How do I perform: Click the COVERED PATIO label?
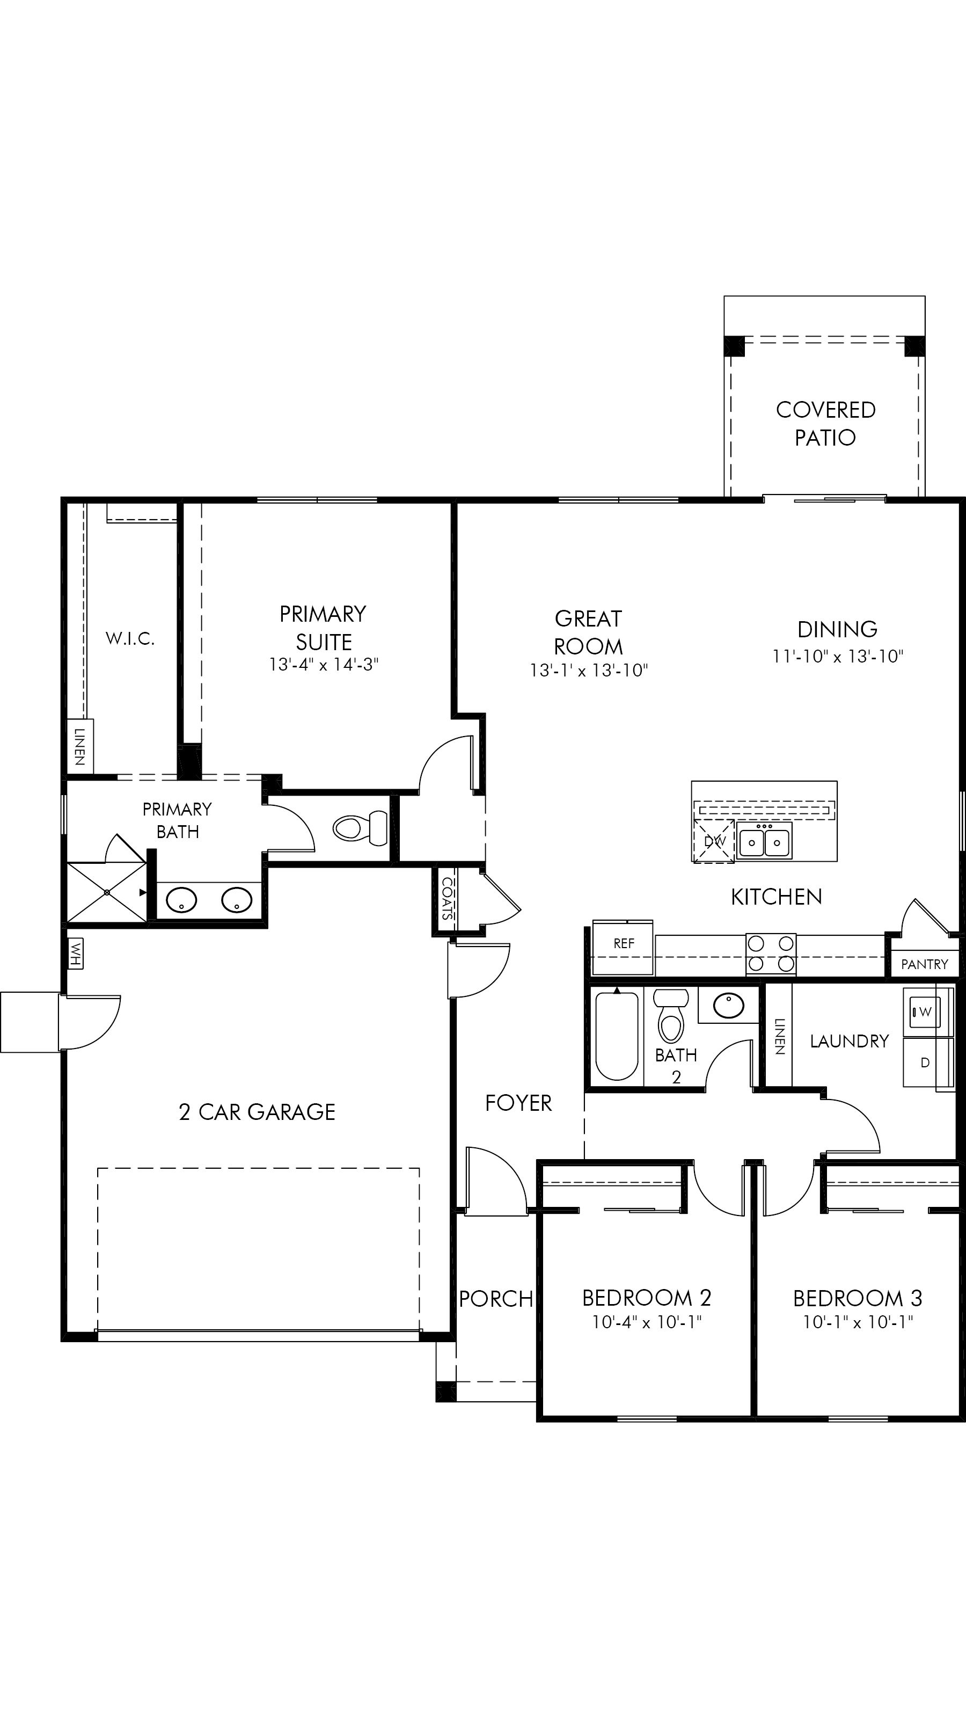825,424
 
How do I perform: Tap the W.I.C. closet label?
130,639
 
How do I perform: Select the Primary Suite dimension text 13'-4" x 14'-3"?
324,665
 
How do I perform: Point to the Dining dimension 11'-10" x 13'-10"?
838,656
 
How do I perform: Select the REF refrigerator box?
623,948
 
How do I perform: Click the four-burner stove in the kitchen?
771,953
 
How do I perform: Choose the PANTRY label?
924,964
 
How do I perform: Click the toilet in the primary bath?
360,828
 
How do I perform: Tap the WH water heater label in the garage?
75,953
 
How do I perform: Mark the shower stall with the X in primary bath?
107,892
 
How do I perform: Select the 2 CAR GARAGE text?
258,1112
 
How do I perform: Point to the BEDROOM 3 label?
858,1299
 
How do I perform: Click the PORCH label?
496,1299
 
